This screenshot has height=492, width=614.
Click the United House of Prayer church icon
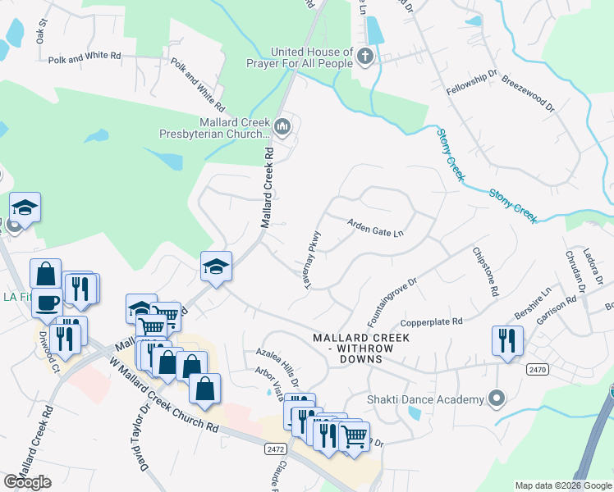point(366,57)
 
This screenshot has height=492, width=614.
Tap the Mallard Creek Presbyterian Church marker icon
point(283,125)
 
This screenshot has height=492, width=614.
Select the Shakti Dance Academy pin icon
point(496,399)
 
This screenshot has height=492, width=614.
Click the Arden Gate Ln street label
point(376,227)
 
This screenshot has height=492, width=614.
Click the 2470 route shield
point(538,370)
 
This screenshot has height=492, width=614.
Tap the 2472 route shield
point(275,449)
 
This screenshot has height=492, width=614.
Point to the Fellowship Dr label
point(472,84)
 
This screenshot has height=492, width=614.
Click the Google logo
point(27,482)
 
